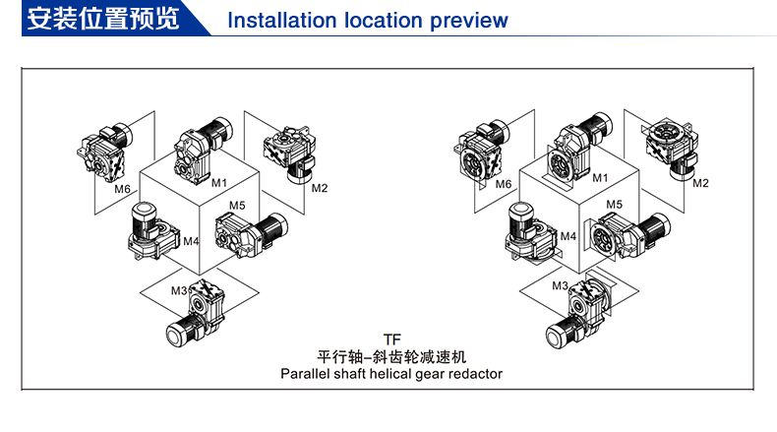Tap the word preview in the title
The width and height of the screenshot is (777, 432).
pyautogui.click(x=470, y=21)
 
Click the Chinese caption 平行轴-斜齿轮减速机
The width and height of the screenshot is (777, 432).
pyautogui.click(x=391, y=355)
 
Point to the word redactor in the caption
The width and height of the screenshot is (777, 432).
pyautogui.click(x=472, y=374)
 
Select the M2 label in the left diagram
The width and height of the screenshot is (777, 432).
pyautogui.click(x=320, y=187)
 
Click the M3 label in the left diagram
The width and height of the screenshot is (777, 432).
pyautogui.click(x=179, y=290)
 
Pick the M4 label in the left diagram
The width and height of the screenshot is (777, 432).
pyautogui.click(x=192, y=240)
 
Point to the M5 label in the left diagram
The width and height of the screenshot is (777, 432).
pyautogui.click(x=237, y=206)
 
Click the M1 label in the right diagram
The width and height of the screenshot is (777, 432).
pyautogui.click(x=599, y=177)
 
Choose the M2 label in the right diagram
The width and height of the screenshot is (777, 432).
pyautogui.click(x=700, y=182)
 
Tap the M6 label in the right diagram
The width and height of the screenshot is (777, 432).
pyautogui.click(x=503, y=184)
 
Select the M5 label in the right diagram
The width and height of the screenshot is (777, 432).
pyautogui.click(x=614, y=204)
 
